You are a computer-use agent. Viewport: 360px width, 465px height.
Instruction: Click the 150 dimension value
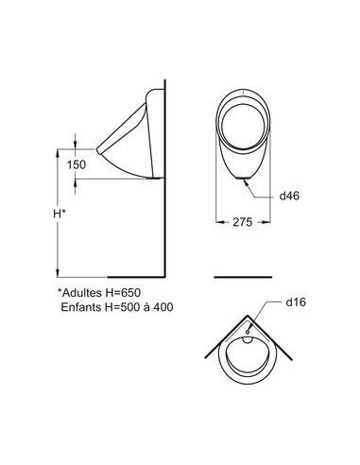click(77, 164)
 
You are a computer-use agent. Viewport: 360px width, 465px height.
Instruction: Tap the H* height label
click(60, 214)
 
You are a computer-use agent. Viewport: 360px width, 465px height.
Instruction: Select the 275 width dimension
click(243, 222)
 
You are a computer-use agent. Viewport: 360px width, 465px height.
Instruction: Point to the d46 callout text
click(289, 196)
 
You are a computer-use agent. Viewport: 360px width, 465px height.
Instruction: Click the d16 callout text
click(296, 302)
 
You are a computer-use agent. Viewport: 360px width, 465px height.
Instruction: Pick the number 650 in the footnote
click(130, 293)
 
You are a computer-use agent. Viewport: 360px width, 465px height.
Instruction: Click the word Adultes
click(82, 293)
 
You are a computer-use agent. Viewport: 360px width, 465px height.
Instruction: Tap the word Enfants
click(81, 307)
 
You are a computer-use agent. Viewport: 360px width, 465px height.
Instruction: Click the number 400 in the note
click(163, 307)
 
